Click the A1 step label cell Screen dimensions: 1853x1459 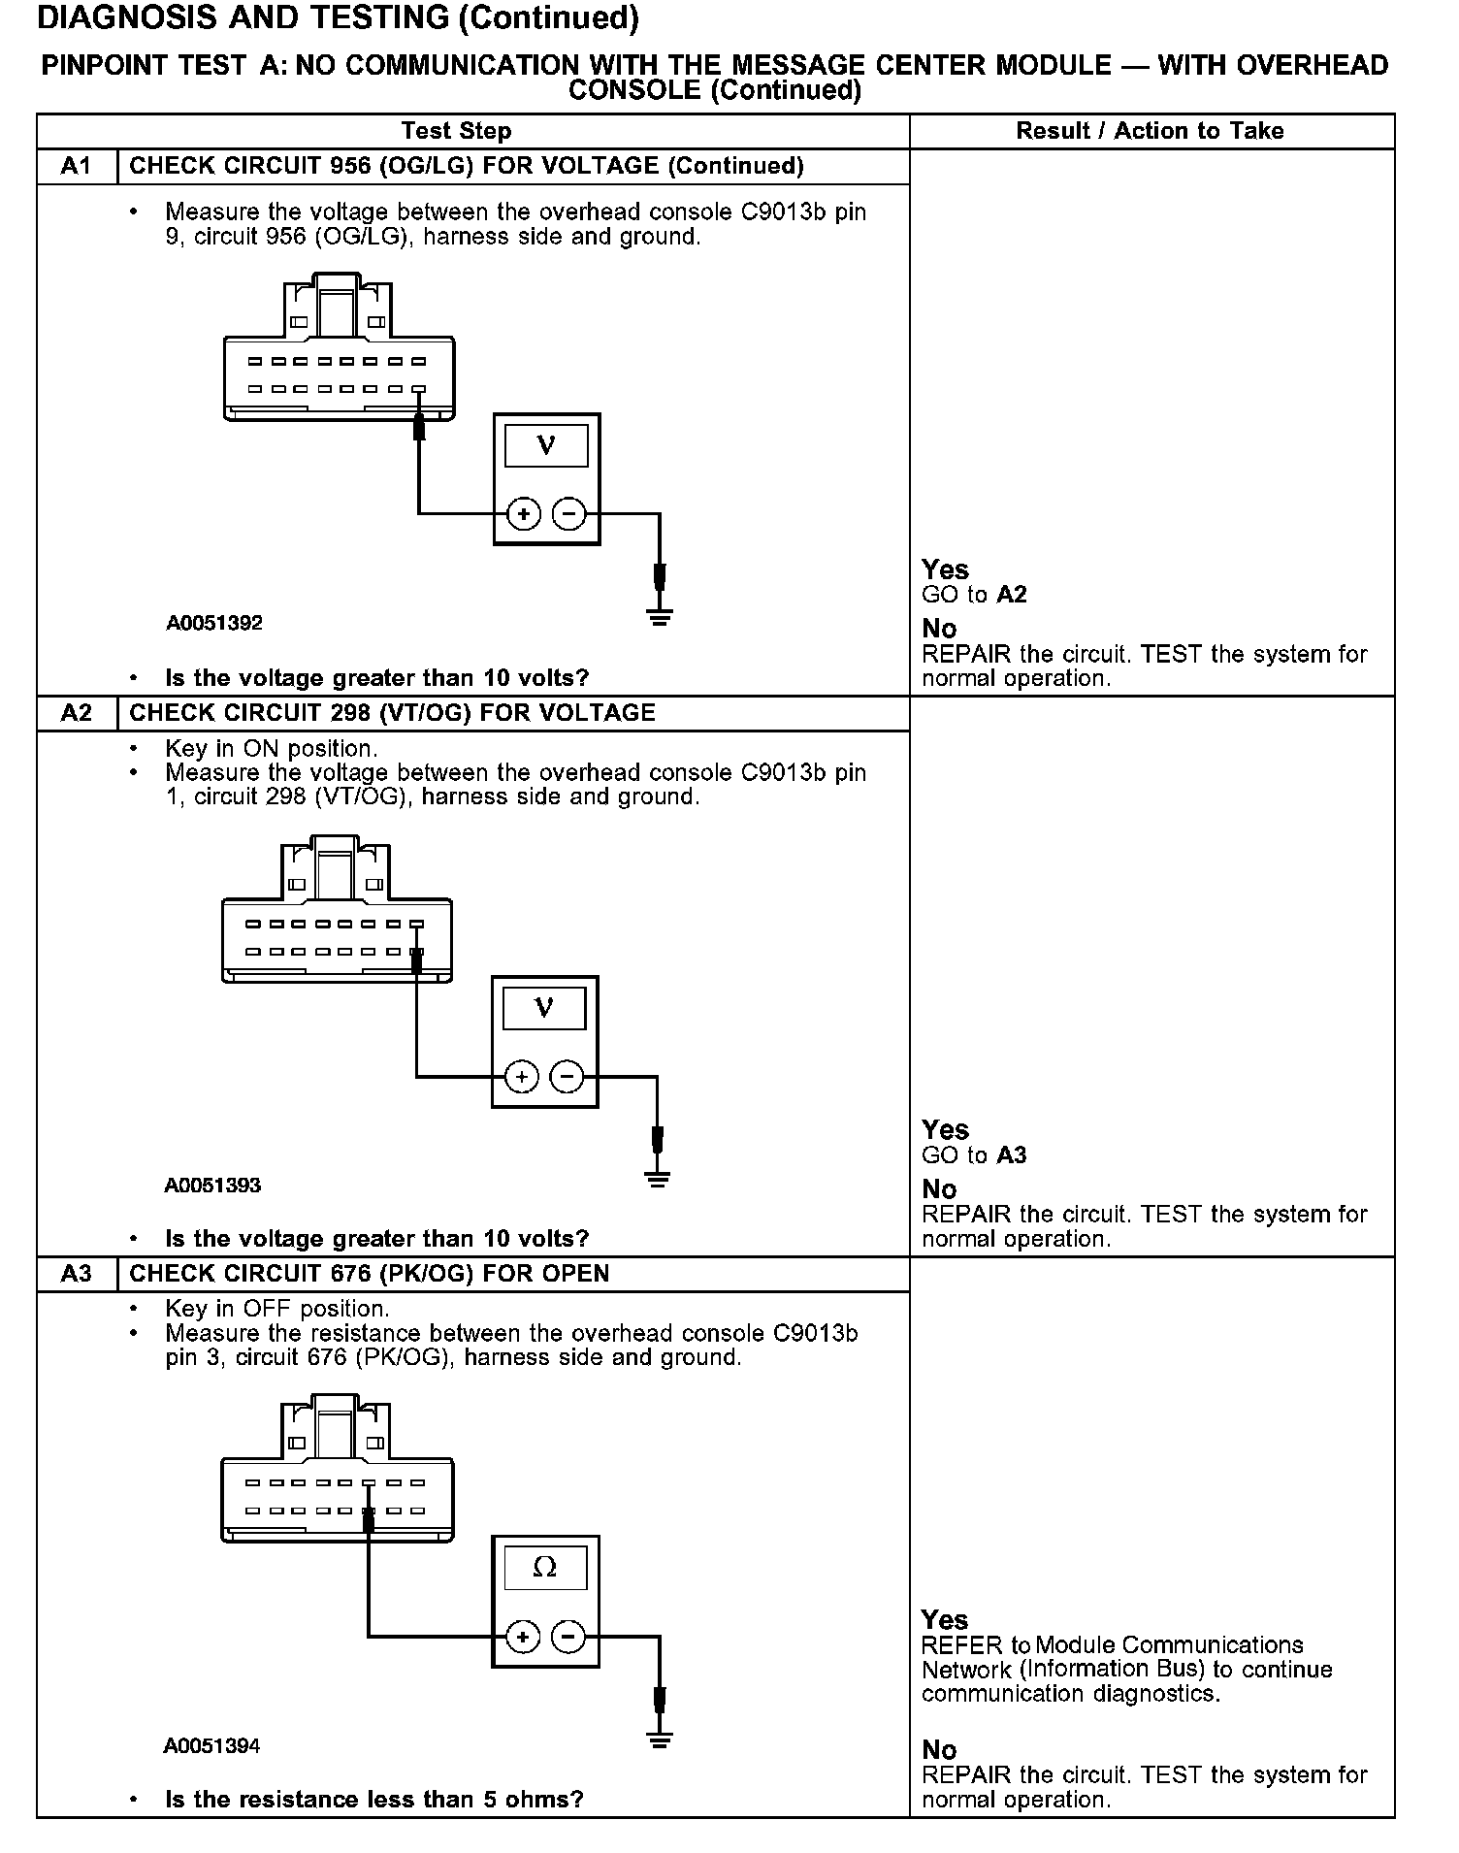76,166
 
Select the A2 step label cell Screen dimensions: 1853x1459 76,713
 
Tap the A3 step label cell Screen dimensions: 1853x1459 76,1274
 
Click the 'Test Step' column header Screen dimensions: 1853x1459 456,131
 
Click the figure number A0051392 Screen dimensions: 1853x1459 214,623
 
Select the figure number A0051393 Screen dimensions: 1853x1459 212,1185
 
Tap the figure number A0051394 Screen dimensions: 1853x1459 211,1745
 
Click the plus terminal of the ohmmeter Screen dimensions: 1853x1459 523,1638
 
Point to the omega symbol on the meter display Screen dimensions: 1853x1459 545,1568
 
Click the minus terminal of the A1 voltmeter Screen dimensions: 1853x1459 569,514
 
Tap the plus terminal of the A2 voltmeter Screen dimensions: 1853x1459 521,1077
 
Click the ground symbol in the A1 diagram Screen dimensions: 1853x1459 660,616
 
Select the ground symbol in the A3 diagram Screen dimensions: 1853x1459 660,1739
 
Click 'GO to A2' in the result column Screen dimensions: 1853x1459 974,595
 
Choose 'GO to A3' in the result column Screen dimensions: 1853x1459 974,1155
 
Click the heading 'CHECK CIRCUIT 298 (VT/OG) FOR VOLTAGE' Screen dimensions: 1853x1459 392,713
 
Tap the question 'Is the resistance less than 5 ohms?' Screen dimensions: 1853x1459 374,1800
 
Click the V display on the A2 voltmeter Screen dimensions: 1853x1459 544,1008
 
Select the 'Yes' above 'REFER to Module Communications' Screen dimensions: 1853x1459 945,1620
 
